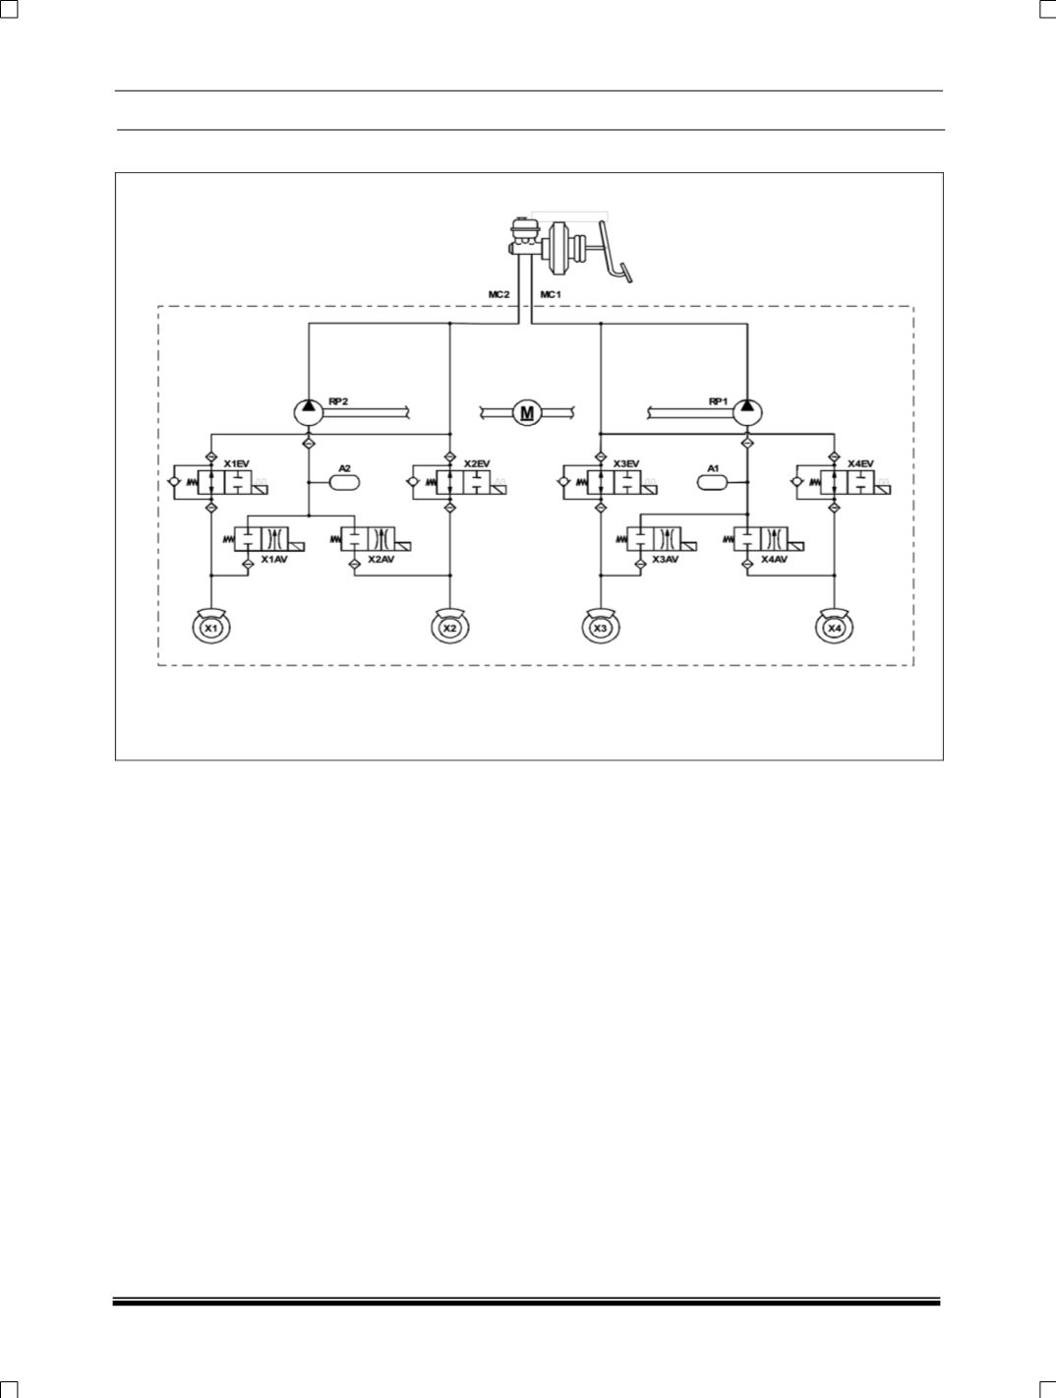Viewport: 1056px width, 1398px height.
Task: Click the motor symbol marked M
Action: [527, 412]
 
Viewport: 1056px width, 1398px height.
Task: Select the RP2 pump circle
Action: [309, 411]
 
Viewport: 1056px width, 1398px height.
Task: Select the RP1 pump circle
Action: [747, 411]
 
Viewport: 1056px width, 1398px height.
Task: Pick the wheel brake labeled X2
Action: [449, 627]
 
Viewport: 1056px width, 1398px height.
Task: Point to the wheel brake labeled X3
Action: [601, 627]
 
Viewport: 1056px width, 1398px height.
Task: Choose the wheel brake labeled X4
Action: [834, 627]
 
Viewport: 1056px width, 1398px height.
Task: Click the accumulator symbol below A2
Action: [344, 483]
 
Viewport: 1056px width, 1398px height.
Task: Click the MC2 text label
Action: [499, 294]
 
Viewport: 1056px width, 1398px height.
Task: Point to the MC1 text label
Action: [551, 294]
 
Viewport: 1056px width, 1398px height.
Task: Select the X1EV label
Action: [237, 463]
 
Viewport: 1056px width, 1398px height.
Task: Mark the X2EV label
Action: [477, 463]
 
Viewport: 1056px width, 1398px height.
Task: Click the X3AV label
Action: [666, 559]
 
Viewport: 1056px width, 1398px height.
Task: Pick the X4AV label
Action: [774, 559]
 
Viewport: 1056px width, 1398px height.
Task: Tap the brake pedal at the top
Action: [616, 256]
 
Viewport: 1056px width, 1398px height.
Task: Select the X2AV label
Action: [381, 559]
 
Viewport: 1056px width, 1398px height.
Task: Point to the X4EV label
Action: [860, 463]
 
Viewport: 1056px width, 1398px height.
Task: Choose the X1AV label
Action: [273, 559]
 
